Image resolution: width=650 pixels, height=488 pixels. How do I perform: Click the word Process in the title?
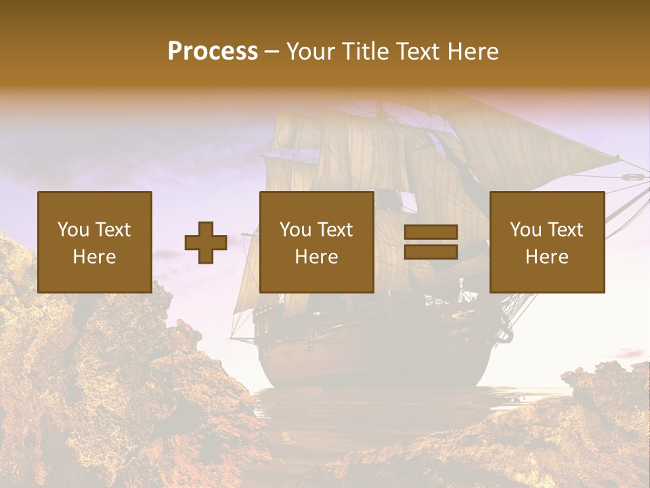click(x=213, y=51)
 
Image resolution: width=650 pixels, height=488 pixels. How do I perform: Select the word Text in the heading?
click(x=416, y=51)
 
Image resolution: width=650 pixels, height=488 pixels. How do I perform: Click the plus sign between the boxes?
click(x=206, y=243)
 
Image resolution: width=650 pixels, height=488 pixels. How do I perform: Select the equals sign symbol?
click(x=431, y=242)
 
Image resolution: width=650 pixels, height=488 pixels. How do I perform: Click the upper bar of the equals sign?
click(x=431, y=232)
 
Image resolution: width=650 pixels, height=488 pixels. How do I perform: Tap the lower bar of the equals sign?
click(x=431, y=251)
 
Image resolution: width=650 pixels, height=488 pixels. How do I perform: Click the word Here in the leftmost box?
click(x=95, y=257)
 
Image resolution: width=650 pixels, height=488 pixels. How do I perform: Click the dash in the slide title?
click(x=272, y=52)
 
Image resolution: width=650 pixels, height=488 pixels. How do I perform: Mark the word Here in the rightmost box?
click(x=547, y=257)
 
